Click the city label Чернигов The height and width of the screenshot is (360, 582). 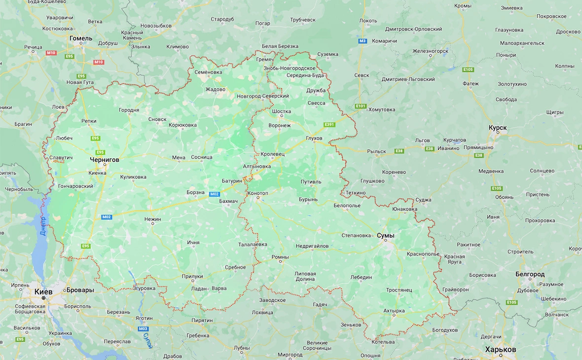[104, 160]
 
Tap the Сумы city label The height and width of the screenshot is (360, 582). [385, 236]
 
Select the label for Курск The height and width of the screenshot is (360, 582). [497, 128]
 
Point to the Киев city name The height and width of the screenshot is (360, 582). [43, 291]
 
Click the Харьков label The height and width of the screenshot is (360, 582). [500, 349]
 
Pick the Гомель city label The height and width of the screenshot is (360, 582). [81, 38]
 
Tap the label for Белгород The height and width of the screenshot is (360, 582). [530, 274]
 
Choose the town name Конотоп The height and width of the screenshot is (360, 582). [258, 193]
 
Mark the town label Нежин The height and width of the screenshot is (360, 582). [152, 218]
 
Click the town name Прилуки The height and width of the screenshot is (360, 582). [192, 277]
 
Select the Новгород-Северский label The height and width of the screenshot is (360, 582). [262, 96]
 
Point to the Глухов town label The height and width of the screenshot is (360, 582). [314, 138]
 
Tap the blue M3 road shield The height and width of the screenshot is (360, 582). [363, 41]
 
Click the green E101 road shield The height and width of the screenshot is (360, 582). [361, 106]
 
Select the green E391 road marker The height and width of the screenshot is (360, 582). [329, 124]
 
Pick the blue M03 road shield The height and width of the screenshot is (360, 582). [143, 328]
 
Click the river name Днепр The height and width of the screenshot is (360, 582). [43, 225]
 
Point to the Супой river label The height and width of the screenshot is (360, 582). [146, 340]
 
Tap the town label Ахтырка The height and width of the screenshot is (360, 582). [394, 311]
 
